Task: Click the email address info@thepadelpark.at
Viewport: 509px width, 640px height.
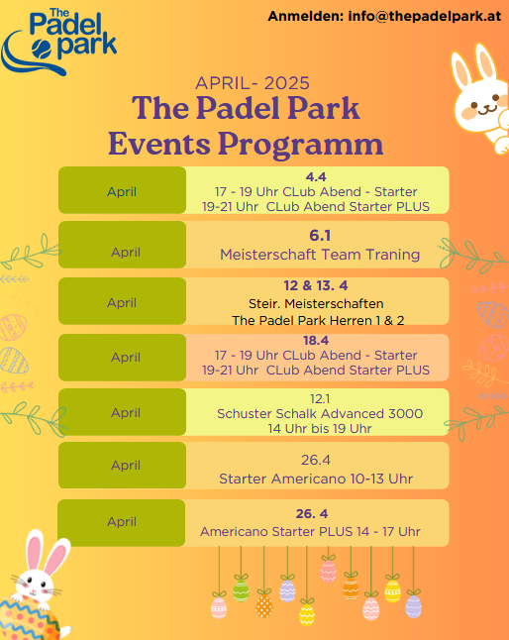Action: pyautogui.click(x=425, y=16)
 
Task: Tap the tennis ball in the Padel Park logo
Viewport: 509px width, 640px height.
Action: pyautogui.click(x=42, y=50)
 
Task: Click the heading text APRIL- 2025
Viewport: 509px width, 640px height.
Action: pyautogui.click(x=253, y=83)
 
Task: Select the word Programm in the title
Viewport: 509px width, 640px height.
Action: pyautogui.click(x=301, y=144)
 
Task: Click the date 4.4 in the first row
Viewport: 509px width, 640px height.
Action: pyautogui.click(x=316, y=176)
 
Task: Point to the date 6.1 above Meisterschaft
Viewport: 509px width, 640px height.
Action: pyautogui.click(x=320, y=236)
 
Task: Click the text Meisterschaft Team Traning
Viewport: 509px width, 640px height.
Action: pyautogui.click(x=320, y=255)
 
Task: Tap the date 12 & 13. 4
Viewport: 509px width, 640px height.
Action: pyautogui.click(x=316, y=285)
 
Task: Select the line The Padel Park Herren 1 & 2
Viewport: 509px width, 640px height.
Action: pyautogui.click(x=318, y=320)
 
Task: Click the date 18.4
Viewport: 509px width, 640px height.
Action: pyautogui.click(x=316, y=341)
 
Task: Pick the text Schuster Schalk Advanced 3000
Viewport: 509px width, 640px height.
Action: pyautogui.click(x=320, y=413)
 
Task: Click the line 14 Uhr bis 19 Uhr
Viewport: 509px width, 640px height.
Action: pyautogui.click(x=320, y=429)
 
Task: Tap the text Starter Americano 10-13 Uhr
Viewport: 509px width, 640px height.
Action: pyautogui.click(x=316, y=479)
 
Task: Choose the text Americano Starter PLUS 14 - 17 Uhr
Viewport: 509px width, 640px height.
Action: pyautogui.click(x=310, y=531)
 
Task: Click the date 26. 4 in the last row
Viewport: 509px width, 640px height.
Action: pyautogui.click(x=312, y=513)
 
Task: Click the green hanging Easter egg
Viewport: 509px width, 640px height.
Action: pyautogui.click(x=241, y=590)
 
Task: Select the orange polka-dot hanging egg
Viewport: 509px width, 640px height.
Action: pyautogui.click(x=264, y=605)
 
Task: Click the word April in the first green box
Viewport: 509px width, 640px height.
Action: pyautogui.click(x=122, y=191)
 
